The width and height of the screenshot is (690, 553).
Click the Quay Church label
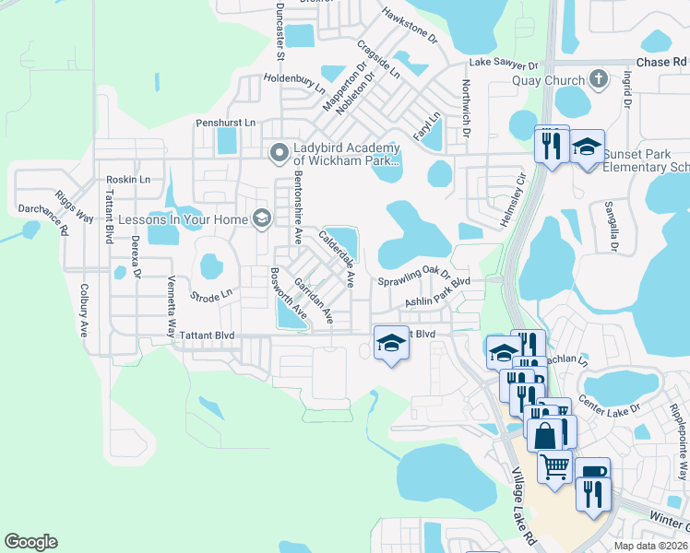tap(548, 79)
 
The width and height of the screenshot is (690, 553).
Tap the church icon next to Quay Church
tap(598, 78)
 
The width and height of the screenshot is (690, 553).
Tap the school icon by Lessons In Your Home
tap(262, 218)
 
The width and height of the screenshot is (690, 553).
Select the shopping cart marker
tap(553, 467)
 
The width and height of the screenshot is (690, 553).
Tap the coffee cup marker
tap(592, 474)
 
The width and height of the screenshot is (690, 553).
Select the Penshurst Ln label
tap(224, 122)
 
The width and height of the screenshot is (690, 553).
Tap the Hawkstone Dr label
tap(410, 28)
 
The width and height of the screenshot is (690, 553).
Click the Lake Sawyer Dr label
tap(504, 65)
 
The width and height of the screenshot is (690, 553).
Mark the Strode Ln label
tap(211, 296)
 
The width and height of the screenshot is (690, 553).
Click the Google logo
tap(30, 542)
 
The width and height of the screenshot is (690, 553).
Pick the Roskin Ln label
tap(128, 179)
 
